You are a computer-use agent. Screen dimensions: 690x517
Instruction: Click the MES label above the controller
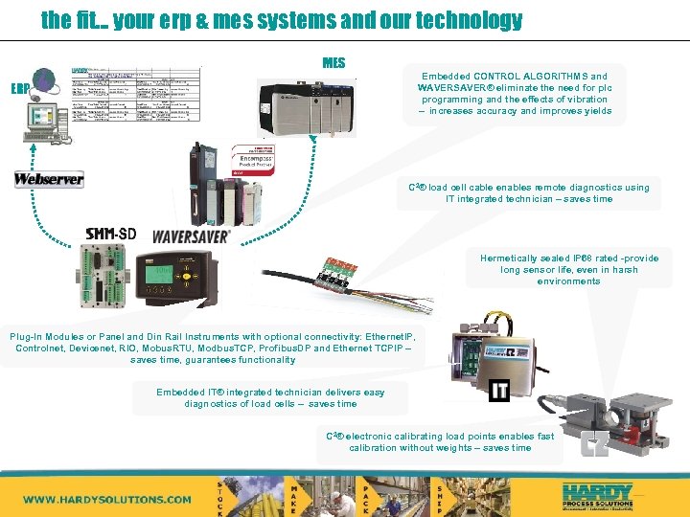point(333,63)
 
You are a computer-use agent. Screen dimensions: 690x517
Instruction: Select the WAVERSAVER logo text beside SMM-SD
point(192,235)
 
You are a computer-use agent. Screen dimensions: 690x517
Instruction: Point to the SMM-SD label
point(111,234)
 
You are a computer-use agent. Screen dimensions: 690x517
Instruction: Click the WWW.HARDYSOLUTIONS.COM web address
point(107,499)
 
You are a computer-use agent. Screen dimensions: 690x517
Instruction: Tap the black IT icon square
point(499,390)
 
